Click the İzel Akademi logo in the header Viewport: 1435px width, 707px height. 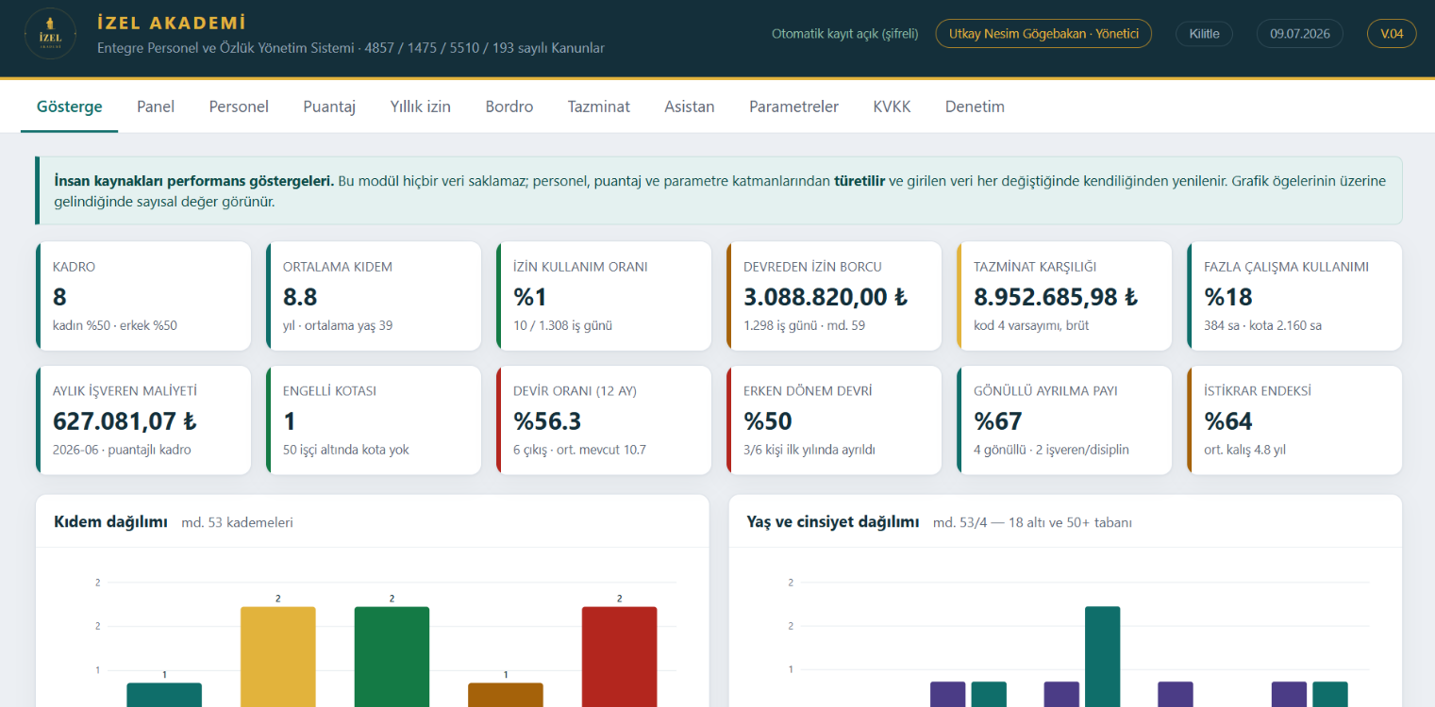pos(50,34)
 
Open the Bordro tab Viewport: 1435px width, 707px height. pos(509,107)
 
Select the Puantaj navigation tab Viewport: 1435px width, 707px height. pos(329,107)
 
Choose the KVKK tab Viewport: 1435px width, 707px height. pos(892,107)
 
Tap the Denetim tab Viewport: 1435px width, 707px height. pos(975,107)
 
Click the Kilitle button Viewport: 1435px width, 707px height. pos(1205,34)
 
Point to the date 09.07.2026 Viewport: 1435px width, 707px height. pos(1300,34)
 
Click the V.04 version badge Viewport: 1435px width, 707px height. pos(1392,34)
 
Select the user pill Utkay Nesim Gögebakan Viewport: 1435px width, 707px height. pos(1043,34)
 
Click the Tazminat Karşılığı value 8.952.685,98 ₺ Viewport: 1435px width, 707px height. pos(1056,297)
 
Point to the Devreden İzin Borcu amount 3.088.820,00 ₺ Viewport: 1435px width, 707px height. pos(826,297)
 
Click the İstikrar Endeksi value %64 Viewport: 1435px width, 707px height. pos(1228,421)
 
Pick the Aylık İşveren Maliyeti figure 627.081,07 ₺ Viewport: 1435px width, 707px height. pos(125,421)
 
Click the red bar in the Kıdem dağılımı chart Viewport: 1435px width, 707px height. pos(620,656)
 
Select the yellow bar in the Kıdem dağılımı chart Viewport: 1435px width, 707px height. pos(278,656)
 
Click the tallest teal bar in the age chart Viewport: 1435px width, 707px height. pos(1103,656)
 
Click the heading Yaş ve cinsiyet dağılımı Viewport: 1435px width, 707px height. pos(833,522)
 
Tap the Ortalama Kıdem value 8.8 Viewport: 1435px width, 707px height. pos(300,297)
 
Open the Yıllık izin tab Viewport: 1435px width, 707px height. pos(420,107)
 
